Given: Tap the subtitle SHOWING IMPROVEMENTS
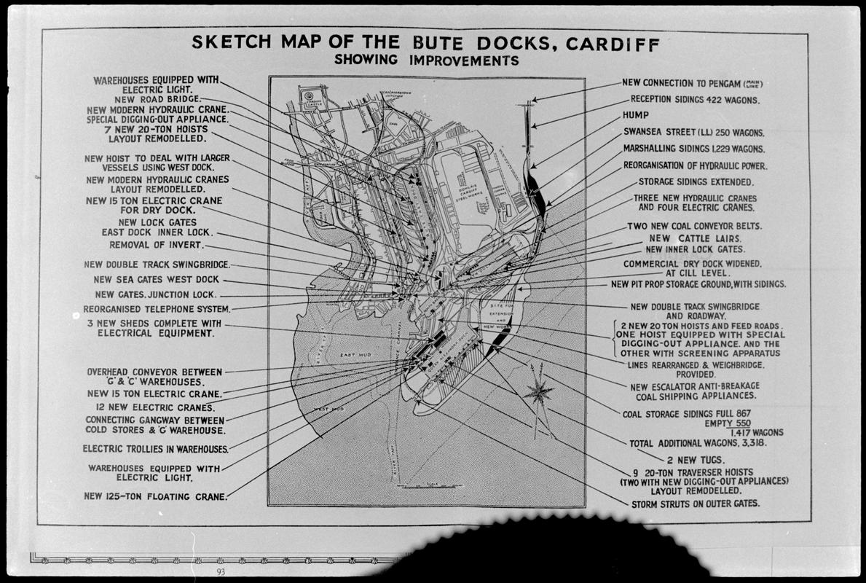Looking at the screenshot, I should point(426,60).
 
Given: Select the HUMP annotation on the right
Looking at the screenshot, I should point(635,115).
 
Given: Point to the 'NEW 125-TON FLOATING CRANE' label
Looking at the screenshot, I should point(155,497).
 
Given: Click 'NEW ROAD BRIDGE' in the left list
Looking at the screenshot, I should point(156,99).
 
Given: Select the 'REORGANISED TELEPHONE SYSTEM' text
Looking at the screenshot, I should point(151,309).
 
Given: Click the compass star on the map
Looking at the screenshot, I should point(540,393).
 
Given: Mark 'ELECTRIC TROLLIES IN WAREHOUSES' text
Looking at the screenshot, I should point(155,449).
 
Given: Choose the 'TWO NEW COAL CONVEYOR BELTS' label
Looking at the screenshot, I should point(694,226).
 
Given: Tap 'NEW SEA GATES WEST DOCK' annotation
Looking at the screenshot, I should point(156,279).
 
